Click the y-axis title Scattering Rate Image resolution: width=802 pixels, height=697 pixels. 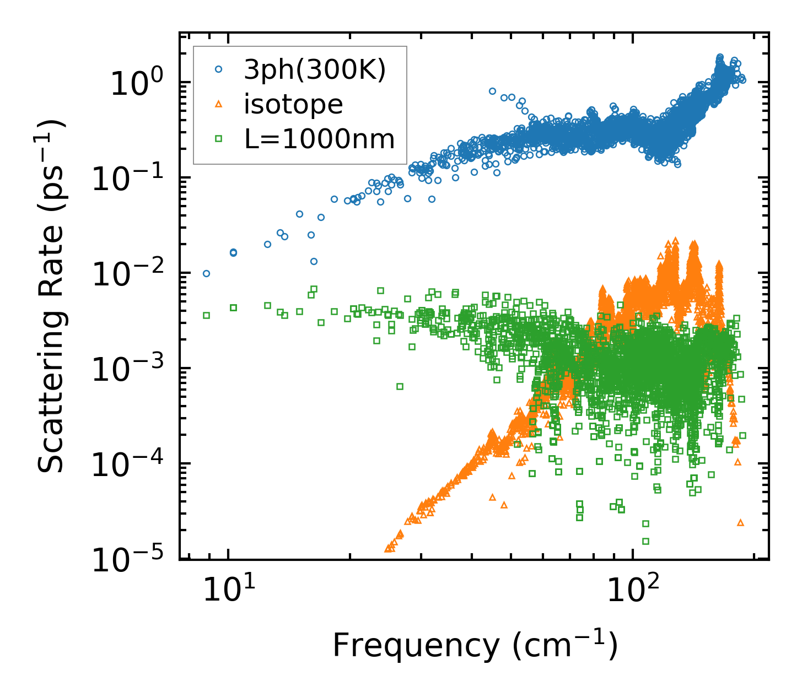(51, 297)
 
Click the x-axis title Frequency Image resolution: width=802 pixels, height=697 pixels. (474, 645)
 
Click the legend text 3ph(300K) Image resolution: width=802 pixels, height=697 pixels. (315, 71)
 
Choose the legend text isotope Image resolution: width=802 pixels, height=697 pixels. (293, 105)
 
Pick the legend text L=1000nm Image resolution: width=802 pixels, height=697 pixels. (320, 139)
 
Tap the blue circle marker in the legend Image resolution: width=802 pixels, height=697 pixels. (219, 69)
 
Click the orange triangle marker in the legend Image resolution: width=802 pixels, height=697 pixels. (219, 104)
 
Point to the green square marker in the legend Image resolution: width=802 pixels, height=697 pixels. (219, 139)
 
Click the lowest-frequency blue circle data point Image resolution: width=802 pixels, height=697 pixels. (206, 273)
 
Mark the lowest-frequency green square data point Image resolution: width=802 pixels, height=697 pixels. (206, 315)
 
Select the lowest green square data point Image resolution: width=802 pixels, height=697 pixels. (645, 541)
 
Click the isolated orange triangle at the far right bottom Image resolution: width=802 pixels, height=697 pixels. (740, 522)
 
